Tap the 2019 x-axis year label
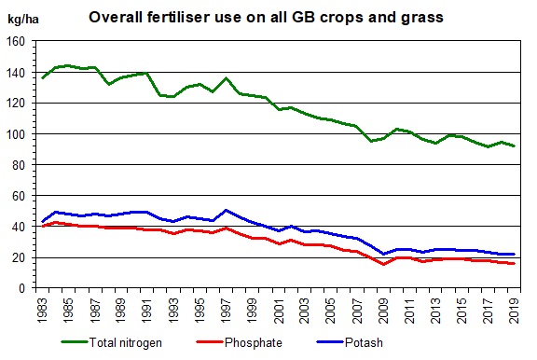(514, 309)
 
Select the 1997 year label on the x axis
(226, 309)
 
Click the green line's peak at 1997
(226, 78)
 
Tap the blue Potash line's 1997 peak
(226, 211)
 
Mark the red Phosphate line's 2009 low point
(383, 264)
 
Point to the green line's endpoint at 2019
(514, 146)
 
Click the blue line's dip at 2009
(383, 254)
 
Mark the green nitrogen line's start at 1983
(43, 77)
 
